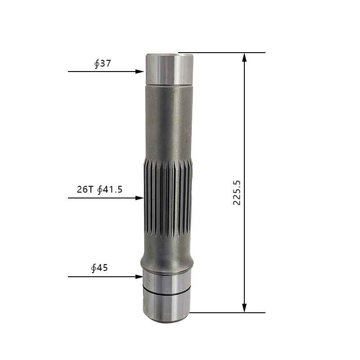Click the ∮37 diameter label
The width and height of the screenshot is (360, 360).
pyautogui.click(x=103, y=63)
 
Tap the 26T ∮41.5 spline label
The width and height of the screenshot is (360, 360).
pyautogui.click(x=99, y=189)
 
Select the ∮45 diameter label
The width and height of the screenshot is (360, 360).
pyautogui.click(x=99, y=268)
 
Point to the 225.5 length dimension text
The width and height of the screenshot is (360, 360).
pyautogui.click(x=237, y=193)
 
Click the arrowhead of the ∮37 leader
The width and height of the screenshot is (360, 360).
pyautogui.click(x=139, y=72)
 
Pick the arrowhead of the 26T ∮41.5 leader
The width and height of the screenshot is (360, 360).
pyautogui.click(x=139, y=198)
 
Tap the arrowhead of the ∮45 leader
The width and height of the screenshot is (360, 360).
pyautogui.click(x=139, y=277)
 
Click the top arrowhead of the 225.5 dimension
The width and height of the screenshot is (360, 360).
pyautogui.click(x=244, y=58)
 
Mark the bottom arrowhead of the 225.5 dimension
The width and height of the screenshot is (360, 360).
pyautogui.click(x=244, y=308)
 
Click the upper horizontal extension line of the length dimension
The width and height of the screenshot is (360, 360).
pyautogui.click(x=222, y=53)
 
